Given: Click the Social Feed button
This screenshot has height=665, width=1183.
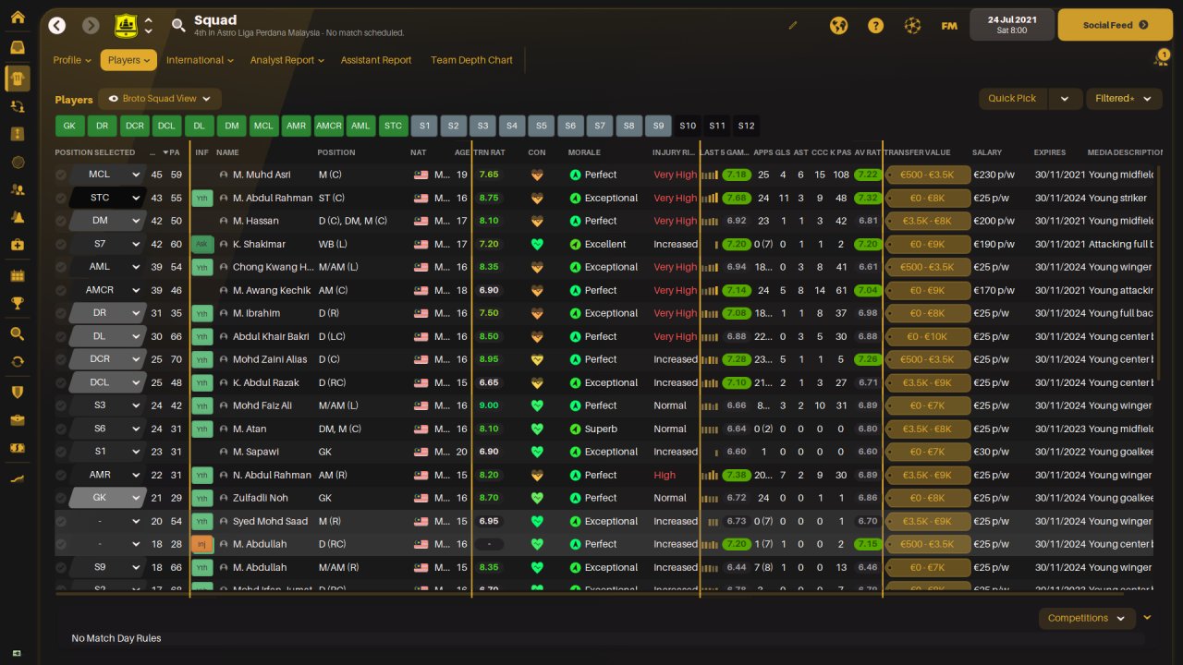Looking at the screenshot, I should point(1114,25).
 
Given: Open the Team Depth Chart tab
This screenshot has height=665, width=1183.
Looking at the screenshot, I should point(471,60).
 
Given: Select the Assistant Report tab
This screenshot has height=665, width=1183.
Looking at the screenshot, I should point(376,60).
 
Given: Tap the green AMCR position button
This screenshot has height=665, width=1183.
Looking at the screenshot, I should point(328,126).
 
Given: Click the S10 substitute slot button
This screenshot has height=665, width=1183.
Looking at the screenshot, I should point(688,126).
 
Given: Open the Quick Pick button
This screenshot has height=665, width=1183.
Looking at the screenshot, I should point(1012,98).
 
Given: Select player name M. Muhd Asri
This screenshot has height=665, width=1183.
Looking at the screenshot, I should point(262,175).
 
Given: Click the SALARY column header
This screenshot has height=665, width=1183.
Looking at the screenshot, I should point(986,152).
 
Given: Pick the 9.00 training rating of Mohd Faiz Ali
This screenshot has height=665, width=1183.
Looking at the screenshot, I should point(489,405).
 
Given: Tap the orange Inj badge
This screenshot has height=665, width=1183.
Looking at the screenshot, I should point(201,544).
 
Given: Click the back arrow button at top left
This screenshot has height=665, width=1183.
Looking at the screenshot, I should point(57,26).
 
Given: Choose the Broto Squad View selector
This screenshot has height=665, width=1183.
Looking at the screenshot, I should point(159,99).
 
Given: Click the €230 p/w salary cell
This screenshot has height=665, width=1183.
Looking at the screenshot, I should point(989,175).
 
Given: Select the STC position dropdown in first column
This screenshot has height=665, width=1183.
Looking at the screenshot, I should point(107,198).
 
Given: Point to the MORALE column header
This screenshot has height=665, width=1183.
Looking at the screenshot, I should point(584,152).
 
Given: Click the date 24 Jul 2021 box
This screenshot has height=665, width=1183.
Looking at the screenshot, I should point(1012,24).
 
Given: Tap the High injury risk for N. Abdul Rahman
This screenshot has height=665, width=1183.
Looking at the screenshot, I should point(665,475).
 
